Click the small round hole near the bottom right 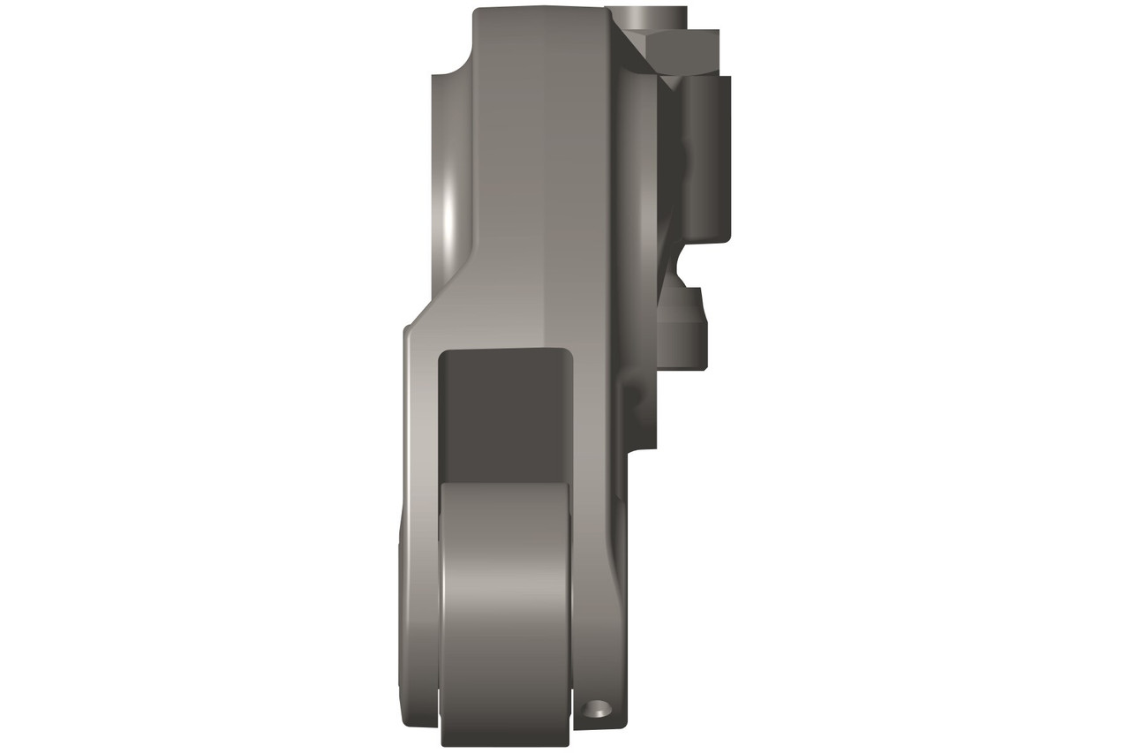coord(598,707)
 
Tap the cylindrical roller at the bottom coord(506,609)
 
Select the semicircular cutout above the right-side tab coord(680,265)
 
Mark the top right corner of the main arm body coord(606,12)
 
